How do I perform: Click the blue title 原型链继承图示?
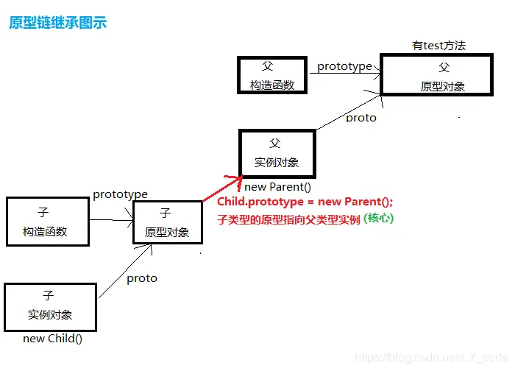[x=58, y=23]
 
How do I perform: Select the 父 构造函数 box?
[x=271, y=76]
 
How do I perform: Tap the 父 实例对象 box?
[x=277, y=152]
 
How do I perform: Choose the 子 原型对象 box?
[x=167, y=222]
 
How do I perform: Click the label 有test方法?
[x=438, y=46]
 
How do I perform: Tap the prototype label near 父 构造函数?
[x=344, y=66]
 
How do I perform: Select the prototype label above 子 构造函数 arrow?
[x=120, y=194]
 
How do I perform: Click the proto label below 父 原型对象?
[x=360, y=118]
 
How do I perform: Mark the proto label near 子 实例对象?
[x=141, y=278]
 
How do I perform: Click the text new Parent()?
[x=283, y=187]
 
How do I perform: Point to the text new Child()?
[x=52, y=339]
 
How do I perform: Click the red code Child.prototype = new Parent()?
[x=305, y=202]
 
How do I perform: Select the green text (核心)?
[x=379, y=219]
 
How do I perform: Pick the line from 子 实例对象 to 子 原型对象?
[x=125, y=272]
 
